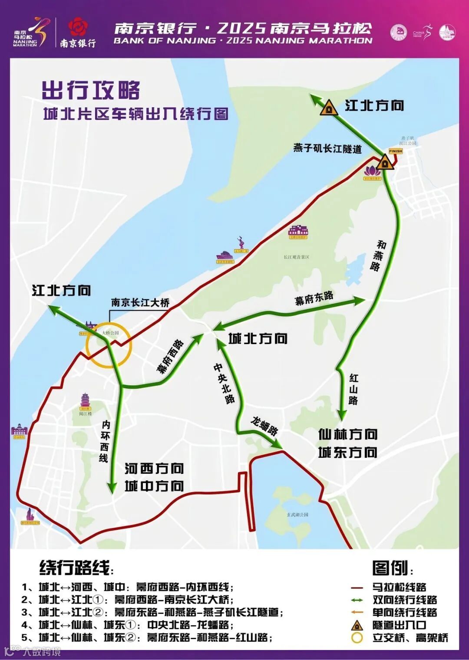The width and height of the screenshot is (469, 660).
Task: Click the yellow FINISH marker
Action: click(395, 151)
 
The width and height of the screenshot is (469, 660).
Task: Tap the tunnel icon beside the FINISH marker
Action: click(384, 164)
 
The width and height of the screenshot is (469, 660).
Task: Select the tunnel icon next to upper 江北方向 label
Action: click(329, 108)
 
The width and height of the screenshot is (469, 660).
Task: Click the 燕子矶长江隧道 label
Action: click(327, 149)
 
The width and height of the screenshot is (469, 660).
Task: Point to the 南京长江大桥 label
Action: click(140, 302)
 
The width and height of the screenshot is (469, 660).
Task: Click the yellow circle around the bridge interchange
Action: click(109, 345)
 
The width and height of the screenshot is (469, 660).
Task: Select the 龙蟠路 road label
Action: click(264, 425)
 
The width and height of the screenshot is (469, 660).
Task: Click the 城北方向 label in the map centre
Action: click(258, 338)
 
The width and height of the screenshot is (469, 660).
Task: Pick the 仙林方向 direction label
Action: click(348, 434)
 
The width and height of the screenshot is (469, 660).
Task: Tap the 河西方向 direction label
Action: click(154, 469)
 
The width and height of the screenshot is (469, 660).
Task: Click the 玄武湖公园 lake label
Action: click(297, 514)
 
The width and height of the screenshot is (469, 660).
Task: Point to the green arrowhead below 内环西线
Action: click(112, 488)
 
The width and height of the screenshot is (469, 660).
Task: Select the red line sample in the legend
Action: click(357, 588)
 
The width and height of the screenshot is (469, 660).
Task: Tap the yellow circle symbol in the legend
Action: click(357, 638)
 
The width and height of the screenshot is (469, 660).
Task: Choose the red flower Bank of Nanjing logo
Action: click(78, 27)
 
